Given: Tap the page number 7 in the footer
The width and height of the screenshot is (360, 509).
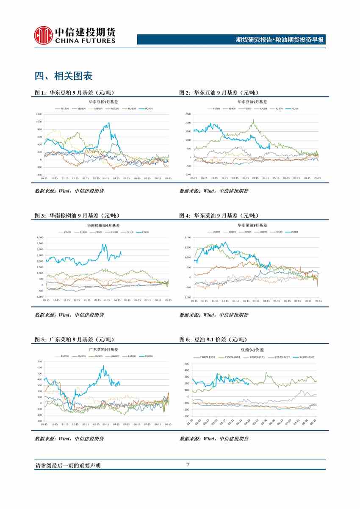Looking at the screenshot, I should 188,465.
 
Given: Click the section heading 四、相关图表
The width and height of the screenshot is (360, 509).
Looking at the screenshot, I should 64,76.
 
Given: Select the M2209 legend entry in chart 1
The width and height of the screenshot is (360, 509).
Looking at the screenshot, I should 148,108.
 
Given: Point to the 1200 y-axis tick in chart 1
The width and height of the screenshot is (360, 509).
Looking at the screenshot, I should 39,115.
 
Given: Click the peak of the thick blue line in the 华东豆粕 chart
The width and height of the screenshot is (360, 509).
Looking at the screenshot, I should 109,123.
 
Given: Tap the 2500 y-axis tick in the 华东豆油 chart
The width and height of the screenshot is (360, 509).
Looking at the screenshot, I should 188,114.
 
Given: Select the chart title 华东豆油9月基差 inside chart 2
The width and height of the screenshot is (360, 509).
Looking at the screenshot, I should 252,102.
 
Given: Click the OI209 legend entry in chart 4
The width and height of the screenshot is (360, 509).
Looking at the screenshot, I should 293,232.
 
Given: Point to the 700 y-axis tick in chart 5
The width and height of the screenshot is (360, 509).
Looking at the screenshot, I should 39,362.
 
